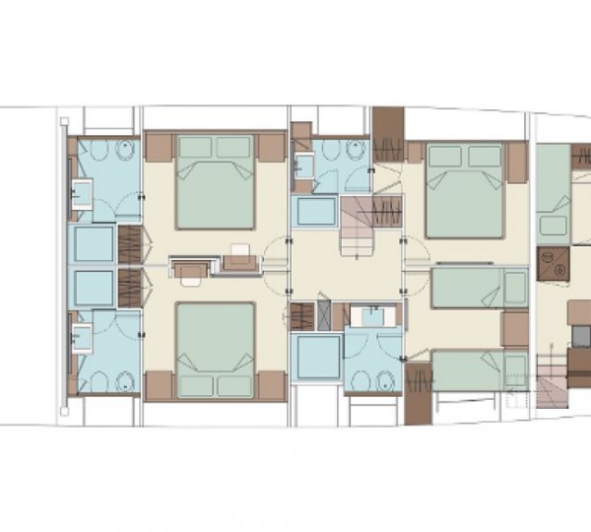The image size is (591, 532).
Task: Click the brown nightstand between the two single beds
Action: coord(514,329)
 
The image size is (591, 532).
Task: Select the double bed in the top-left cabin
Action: coord(215,182)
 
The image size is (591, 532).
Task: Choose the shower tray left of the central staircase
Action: coord(316,214)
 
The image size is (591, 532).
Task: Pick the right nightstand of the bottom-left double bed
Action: coord(270,387)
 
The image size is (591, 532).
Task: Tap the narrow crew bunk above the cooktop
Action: coord(554,187)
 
